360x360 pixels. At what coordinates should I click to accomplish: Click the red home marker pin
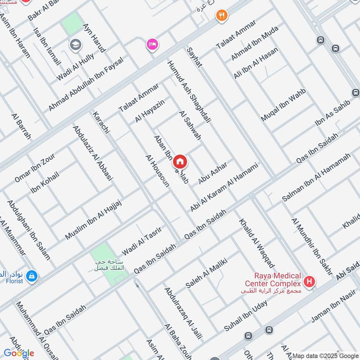coord(180,162)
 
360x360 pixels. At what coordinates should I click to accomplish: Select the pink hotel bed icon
coord(152,45)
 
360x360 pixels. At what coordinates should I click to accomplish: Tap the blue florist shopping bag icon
coord(31,275)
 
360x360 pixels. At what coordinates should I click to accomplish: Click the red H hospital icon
coord(309,282)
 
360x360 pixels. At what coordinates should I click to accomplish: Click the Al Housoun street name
coord(157,171)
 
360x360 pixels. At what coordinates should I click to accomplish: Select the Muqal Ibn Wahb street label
coord(283,105)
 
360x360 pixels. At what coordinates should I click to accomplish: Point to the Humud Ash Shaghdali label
coord(189,93)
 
